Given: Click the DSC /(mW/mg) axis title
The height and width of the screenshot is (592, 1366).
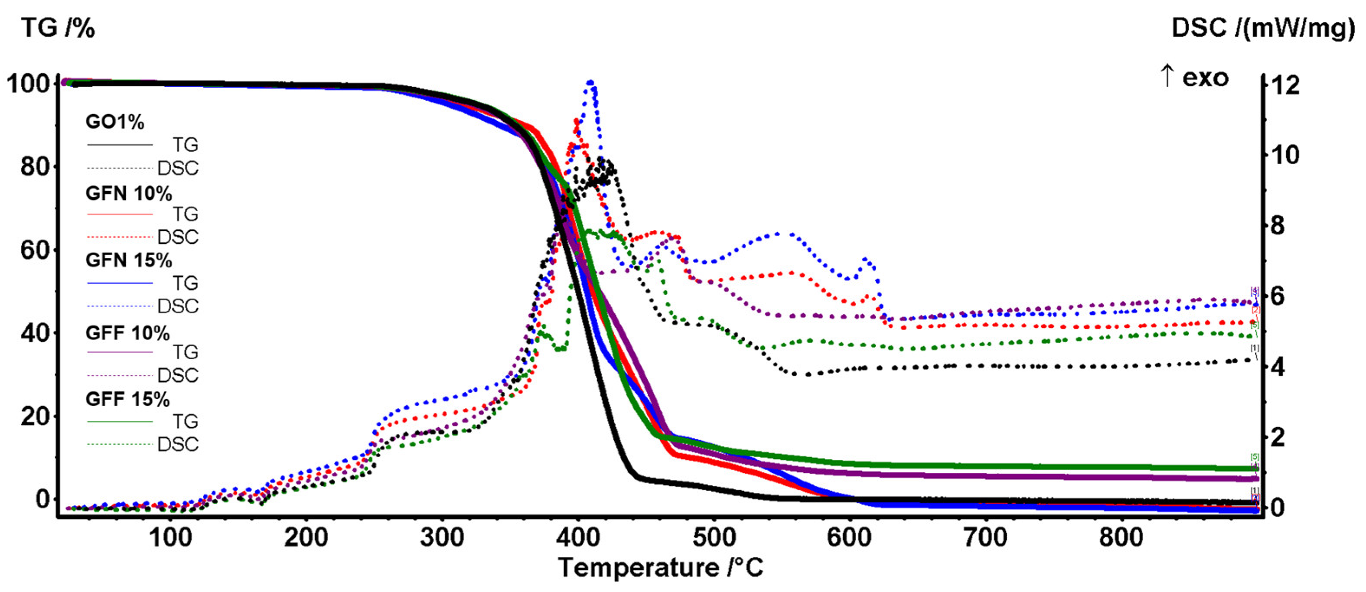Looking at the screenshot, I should (1262, 28).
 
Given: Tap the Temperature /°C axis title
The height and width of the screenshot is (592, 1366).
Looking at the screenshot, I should (661, 567).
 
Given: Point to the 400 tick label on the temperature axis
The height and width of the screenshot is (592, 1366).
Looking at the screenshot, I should (578, 537).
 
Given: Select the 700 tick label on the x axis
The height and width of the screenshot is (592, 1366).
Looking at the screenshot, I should (985, 537).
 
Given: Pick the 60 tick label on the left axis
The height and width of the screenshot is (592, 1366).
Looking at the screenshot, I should (35, 250).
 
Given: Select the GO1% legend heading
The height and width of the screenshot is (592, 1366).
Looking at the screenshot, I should (115, 122).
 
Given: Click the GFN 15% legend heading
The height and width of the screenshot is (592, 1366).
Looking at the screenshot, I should (129, 260).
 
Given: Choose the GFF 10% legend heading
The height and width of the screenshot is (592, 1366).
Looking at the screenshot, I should (128, 333).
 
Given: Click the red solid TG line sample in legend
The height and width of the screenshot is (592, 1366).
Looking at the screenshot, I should (120, 214).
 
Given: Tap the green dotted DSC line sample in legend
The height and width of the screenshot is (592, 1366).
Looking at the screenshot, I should (120, 444).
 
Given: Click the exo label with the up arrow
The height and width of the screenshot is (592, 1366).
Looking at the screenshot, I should (1195, 78).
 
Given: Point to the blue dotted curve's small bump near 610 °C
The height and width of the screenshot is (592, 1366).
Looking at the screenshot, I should (865, 260).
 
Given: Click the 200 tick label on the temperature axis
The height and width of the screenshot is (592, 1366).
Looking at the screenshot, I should (306, 537).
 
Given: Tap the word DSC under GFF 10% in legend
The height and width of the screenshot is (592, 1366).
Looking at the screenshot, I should (178, 375).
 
